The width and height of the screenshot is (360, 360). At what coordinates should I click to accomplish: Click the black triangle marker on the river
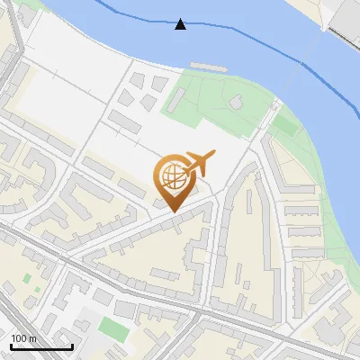pos(181,24)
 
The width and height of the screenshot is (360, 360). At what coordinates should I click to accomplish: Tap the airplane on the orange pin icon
pos(197,163)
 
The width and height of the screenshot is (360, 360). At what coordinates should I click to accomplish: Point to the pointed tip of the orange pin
pos(172,211)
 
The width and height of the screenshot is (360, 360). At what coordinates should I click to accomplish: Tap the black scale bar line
pos(41,346)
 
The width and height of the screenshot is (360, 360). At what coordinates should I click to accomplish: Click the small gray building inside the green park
pos(237,102)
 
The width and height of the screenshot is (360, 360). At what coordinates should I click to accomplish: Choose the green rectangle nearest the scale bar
pos(112,326)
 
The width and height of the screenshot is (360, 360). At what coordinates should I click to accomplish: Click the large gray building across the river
pos(346,18)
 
